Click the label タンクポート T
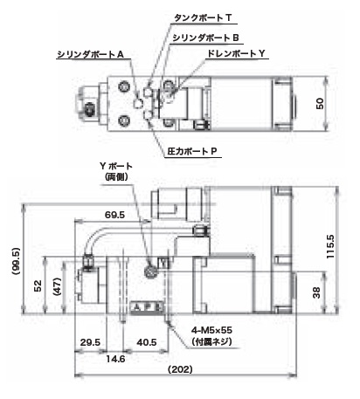pyautogui.click(x=203, y=18)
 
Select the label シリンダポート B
pyautogui.click(x=205, y=38)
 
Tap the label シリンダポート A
pyautogui.click(x=91, y=54)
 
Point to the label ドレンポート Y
pyautogui.click(x=236, y=53)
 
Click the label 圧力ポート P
pyautogui.click(x=192, y=151)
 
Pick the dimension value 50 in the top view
pyautogui.click(x=320, y=104)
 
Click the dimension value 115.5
pyautogui.click(x=330, y=246)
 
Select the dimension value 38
pyautogui.click(x=316, y=292)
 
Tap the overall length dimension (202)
pyautogui.click(x=180, y=369)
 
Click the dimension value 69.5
pyautogui.click(x=114, y=215)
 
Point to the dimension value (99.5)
pyautogui.click(x=16, y=261)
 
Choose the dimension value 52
pyautogui.click(x=38, y=285)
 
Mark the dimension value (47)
pyautogui.click(x=57, y=286)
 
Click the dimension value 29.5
pyautogui.click(x=90, y=342)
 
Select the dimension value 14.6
pyautogui.click(x=115, y=359)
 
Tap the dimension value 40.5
pyautogui.click(x=147, y=342)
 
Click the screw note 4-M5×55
pyautogui.click(x=211, y=330)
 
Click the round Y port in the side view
pyautogui.click(x=151, y=272)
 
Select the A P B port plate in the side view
pyautogui.click(x=147, y=307)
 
